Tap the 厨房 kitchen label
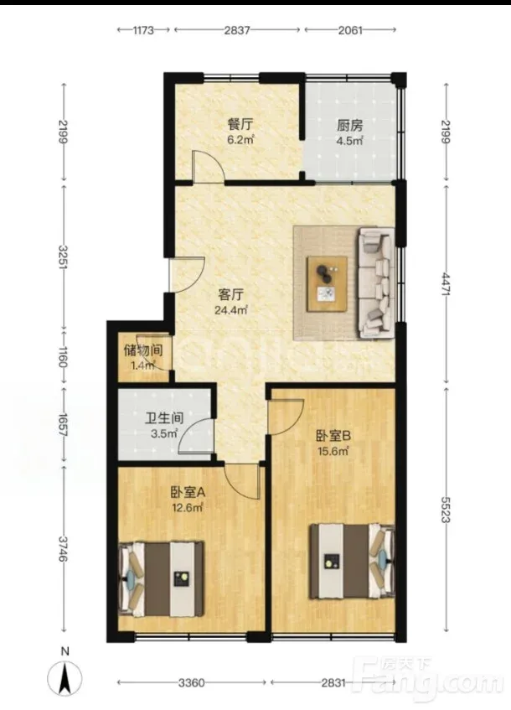[x=349, y=125]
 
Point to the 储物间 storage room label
[x=143, y=350]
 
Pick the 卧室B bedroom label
[x=333, y=436]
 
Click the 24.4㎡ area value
[x=231, y=310]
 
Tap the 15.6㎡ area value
[x=333, y=451]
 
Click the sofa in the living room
[x=377, y=283]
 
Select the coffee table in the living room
[x=328, y=284]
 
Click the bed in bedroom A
[x=161, y=579]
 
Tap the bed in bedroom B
[x=352, y=561]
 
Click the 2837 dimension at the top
[x=237, y=30]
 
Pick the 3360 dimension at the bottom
[x=192, y=682]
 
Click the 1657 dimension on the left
[x=63, y=425]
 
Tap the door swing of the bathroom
[x=196, y=436]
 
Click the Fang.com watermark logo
[x=427, y=681]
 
